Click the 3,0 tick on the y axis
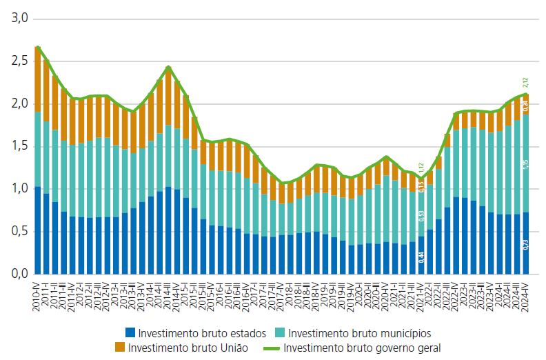click(x=17, y=19)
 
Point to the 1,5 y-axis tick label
click(x=17, y=146)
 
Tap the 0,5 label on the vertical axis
click(x=17, y=232)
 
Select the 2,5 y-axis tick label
click(x=17, y=61)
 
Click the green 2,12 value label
click(x=525, y=83)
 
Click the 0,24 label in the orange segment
click(x=525, y=105)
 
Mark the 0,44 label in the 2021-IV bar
click(x=421, y=257)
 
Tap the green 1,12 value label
click(x=421, y=169)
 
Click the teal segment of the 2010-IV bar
click(x=38, y=149)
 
